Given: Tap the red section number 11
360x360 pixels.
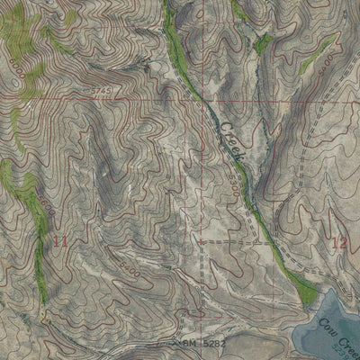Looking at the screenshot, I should [60, 241].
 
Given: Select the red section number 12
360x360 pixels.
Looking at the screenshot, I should [338, 242].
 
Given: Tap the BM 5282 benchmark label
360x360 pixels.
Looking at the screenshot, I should [195, 343].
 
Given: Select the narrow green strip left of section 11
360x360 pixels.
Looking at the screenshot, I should [40, 252].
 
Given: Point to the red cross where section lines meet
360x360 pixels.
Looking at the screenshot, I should [200, 242].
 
